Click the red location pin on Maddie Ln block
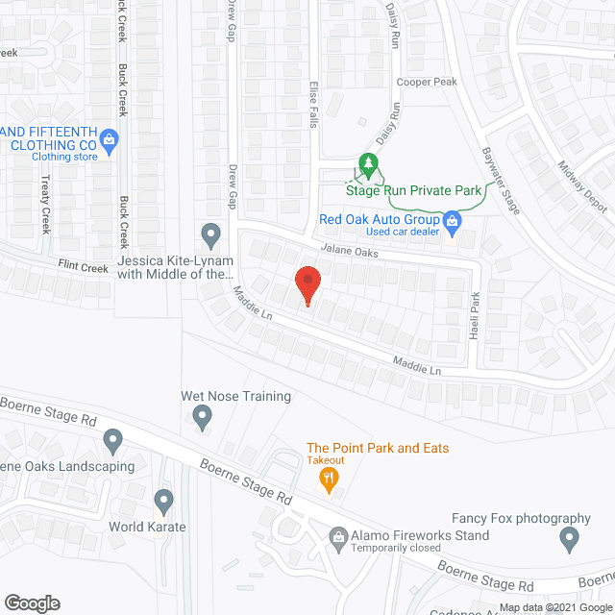(x=307, y=285)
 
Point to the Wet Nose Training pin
(x=202, y=417)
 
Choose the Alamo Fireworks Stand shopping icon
(x=338, y=536)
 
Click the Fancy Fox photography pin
(x=570, y=540)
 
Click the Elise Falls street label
(x=312, y=111)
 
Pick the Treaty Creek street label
(x=45, y=205)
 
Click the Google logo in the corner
(x=31, y=603)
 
